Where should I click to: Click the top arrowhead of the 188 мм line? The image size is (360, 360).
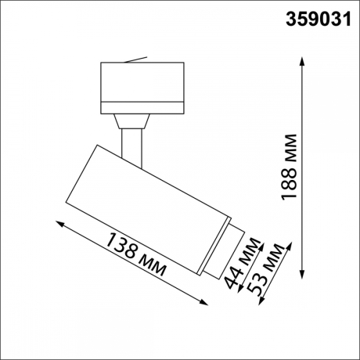[x=303, y=59]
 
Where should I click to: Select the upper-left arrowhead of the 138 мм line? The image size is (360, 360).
[x=60, y=224]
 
